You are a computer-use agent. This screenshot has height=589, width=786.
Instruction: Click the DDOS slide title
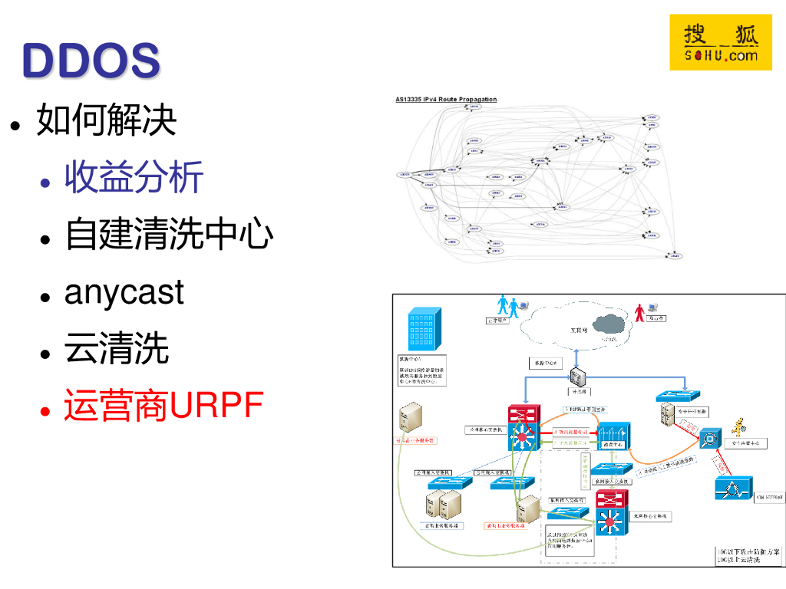pos(91,60)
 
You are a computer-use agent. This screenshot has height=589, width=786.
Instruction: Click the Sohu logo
pos(720,42)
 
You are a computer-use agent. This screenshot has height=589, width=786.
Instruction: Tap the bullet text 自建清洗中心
pos(169,234)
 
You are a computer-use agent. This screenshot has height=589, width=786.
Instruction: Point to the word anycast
pos(124,292)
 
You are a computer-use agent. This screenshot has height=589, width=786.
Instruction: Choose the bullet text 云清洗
pos(117,349)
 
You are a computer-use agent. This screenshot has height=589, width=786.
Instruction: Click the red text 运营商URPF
pos(163,406)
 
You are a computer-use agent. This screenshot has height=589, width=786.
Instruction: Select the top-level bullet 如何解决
pos(107,120)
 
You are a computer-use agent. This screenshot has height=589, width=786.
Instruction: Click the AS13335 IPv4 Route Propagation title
pos(446,100)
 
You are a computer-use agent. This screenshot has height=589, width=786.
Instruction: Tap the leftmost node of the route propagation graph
pos(405,174)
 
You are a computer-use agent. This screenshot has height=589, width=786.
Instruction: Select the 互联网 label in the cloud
pos(578,331)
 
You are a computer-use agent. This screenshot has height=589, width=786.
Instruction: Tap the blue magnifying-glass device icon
pos(711,439)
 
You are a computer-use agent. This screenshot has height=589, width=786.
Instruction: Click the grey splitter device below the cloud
pos(576,377)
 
